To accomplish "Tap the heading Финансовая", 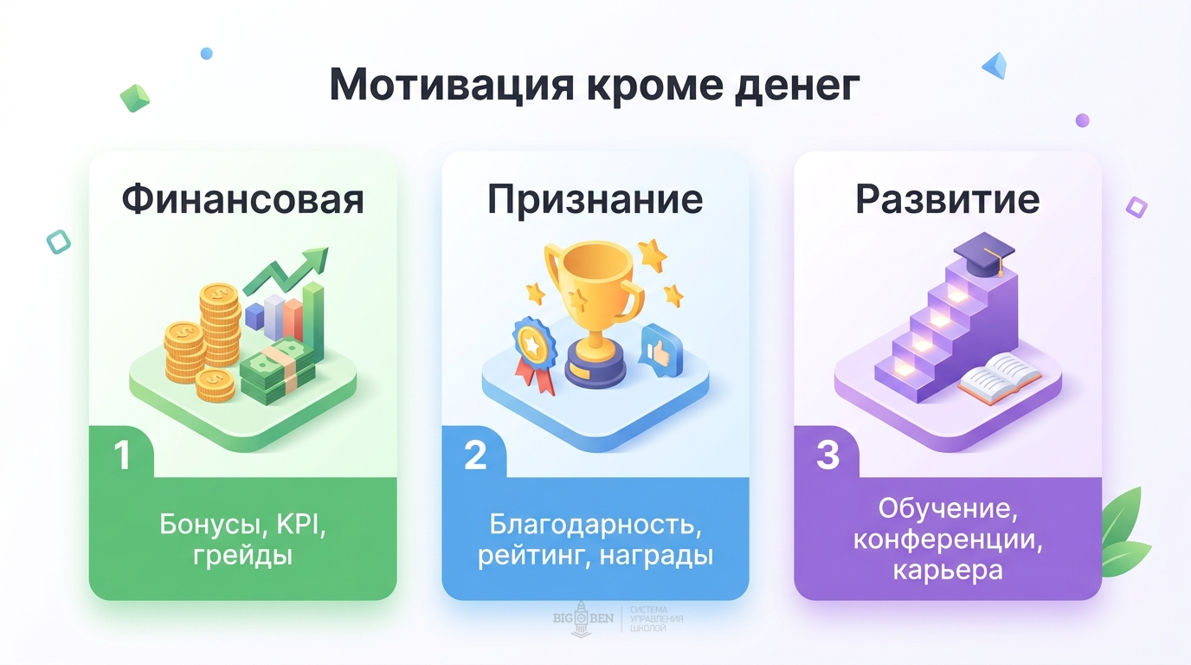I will pyautogui.click(x=242, y=200).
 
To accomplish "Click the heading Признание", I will pyautogui.click(x=595, y=200).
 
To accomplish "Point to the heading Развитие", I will pyautogui.click(x=947, y=200).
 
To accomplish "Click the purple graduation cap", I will pyautogui.click(x=983, y=254).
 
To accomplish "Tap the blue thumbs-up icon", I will pyautogui.click(x=660, y=348).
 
